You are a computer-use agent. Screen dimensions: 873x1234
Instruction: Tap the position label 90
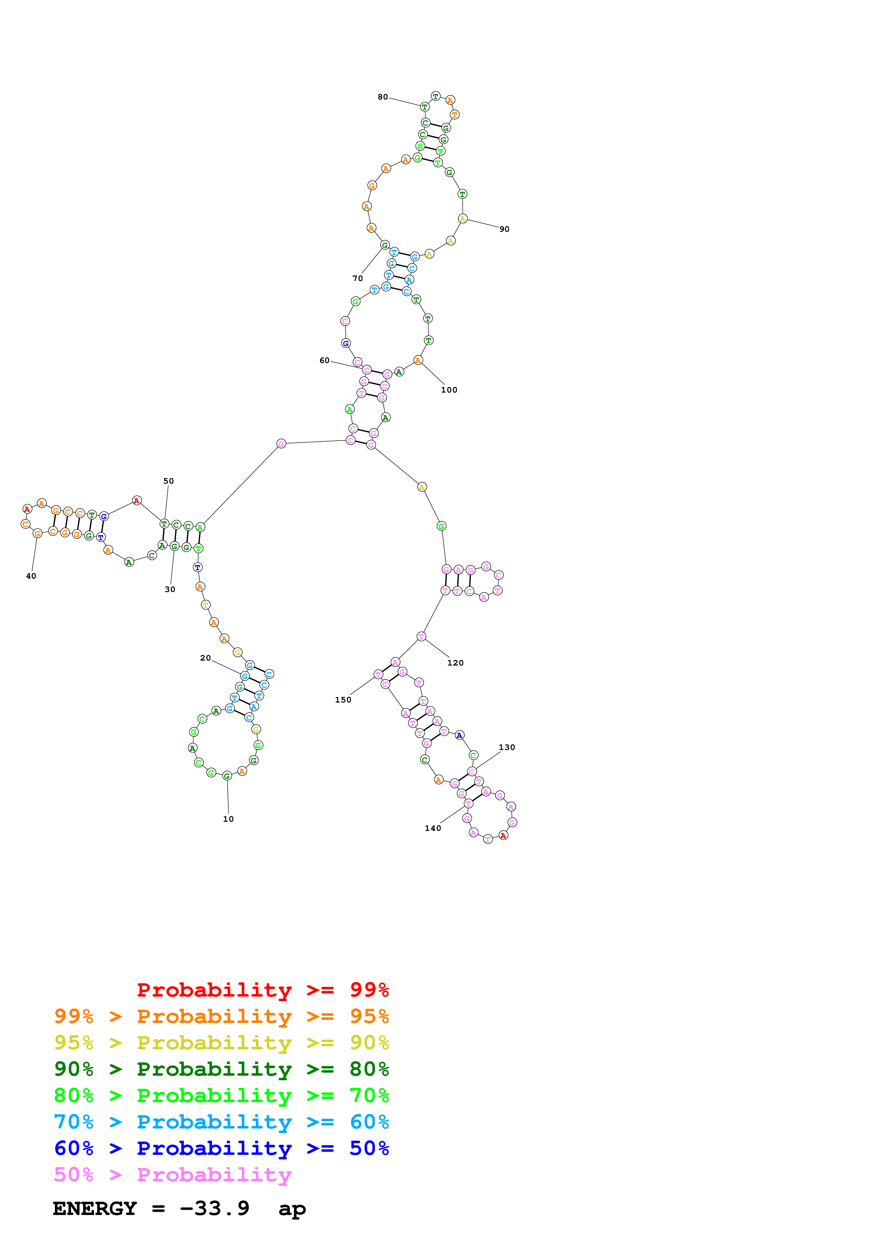(504, 229)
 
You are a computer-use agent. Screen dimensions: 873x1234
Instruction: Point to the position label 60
(324, 360)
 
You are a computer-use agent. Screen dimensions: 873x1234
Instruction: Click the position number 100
(449, 390)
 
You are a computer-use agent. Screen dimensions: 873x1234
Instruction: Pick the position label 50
(168, 481)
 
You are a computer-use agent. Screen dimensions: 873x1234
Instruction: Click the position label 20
(205, 658)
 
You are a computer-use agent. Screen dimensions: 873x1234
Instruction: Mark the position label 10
(229, 819)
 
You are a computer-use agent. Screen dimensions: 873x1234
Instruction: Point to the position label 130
(507, 747)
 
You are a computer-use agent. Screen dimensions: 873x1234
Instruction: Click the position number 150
(343, 700)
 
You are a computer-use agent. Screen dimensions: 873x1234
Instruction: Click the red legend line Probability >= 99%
(262, 990)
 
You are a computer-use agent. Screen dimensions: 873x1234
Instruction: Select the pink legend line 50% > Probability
(173, 1174)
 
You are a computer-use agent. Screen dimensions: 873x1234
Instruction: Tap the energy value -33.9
(214, 1209)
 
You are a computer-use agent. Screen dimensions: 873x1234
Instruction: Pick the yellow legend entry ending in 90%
(221, 1043)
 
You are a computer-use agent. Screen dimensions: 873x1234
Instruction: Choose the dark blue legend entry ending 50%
(221, 1148)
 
